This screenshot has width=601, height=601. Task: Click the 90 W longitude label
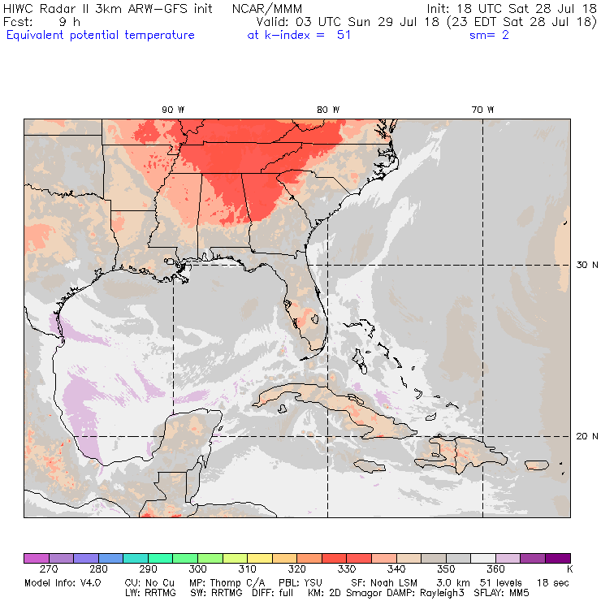tap(172, 110)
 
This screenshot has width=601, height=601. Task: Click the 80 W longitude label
tap(327, 110)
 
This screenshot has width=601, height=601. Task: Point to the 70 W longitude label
tap(482, 110)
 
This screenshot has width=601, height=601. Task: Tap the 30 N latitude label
tap(586, 265)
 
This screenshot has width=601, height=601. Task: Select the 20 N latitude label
tap(586, 436)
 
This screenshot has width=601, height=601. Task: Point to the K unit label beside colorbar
tap(569, 570)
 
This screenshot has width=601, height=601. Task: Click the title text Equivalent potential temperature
tap(100, 35)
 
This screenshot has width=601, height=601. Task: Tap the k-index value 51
tap(344, 35)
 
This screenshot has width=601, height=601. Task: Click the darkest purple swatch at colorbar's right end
tap(557, 558)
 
